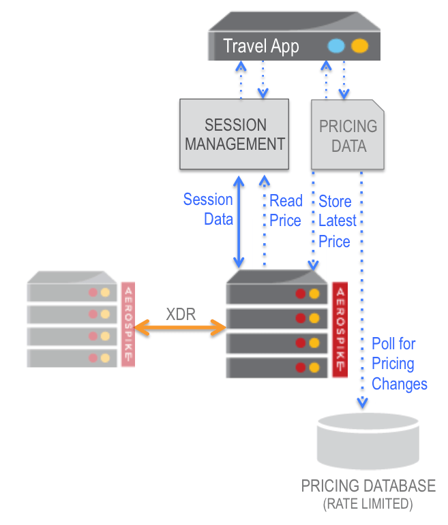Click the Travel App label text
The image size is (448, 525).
(261, 46)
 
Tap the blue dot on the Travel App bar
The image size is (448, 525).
(336, 46)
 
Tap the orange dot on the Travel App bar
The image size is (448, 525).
(359, 46)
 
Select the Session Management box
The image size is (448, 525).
(235, 134)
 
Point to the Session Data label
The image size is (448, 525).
(209, 209)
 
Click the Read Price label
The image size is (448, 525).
(286, 210)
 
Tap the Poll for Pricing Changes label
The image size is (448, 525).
(399, 364)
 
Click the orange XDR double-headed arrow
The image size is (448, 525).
(181, 328)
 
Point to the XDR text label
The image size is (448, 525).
(181, 314)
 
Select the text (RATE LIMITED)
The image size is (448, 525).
(368, 505)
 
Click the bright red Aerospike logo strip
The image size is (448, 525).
(340, 328)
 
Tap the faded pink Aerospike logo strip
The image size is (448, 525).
(128, 324)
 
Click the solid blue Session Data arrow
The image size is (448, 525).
(239, 221)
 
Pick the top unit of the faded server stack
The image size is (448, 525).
(72, 291)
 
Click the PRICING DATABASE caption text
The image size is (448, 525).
(368, 486)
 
